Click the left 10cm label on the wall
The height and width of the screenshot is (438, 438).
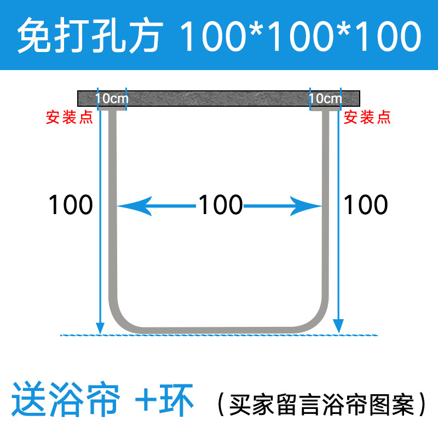[x=112, y=99]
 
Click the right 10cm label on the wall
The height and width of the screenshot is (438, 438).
[x=325, y=99]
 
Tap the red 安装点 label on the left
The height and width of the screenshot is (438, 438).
[x=69, y=117]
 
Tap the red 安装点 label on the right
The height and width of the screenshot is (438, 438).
[x=367, y=117]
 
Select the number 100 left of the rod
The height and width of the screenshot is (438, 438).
[x=71, y=205]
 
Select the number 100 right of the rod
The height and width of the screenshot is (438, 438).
[x=365, y=205]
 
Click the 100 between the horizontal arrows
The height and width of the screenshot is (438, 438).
[x=220, y=205]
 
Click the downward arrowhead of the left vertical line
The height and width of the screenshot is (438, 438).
[x=100, y=327]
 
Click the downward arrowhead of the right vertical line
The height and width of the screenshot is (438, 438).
[x=340, y=327]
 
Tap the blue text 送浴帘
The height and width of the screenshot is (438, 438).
[x=66, y=401]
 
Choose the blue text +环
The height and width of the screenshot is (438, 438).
[x=164, y=401]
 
